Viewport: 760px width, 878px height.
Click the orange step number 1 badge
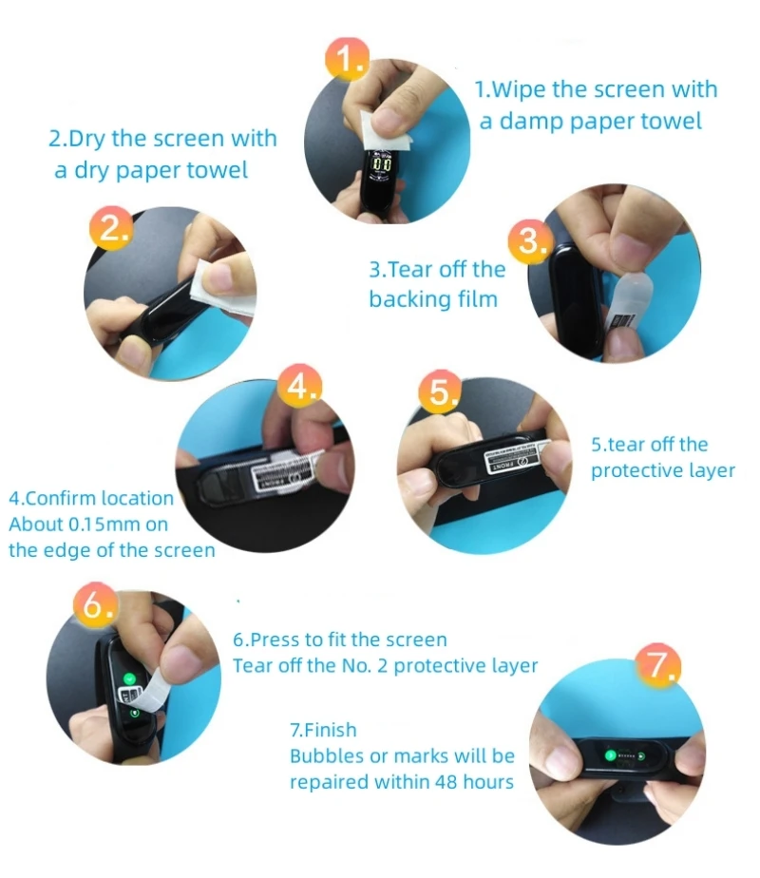click(347, 59)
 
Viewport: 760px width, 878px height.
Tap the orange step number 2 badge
click(111, 228)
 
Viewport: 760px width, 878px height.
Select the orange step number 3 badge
click(530, 242)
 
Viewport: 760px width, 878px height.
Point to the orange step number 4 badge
click(300, 385)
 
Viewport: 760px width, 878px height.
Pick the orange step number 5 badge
click(441, 391)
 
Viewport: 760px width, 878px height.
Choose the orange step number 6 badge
click(96, 604)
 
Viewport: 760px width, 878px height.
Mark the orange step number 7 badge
click(658, 665)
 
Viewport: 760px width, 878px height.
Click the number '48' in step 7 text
click(446, 782)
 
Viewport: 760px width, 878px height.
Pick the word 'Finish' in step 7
click(331, 730)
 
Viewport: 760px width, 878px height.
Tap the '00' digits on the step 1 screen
click(382, 164)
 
